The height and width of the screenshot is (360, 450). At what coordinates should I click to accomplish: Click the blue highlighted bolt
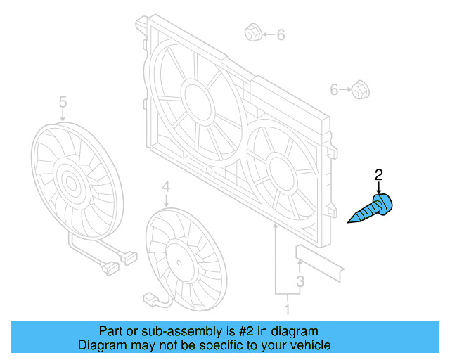[372, 210]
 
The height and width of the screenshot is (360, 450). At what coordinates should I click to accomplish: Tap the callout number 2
[379, 175]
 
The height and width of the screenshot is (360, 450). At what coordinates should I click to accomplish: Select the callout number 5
[63, 103]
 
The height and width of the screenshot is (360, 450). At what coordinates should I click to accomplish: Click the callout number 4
[166, 186]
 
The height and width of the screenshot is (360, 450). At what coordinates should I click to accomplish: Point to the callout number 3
[300, 281]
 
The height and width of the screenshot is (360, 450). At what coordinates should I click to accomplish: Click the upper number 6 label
[281, 34]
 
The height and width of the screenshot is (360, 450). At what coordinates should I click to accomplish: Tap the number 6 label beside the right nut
[335, 89]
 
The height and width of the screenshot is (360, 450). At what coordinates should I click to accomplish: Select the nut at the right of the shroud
[361, 90]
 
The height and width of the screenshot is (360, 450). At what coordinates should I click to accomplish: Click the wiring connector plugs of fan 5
[117, 262]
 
